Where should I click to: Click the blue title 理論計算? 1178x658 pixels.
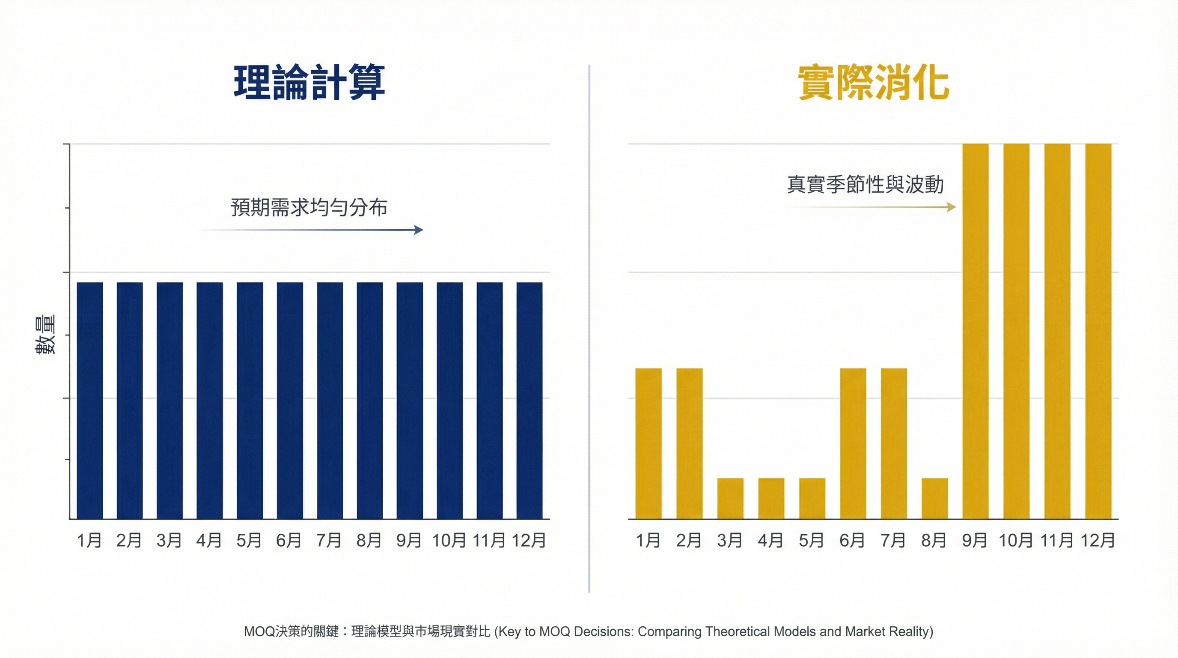309,83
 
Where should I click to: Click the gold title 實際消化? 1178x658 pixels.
873,83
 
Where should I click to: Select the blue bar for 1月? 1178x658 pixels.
89,401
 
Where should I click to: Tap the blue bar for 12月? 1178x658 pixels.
530,401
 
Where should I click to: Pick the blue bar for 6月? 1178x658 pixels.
289,401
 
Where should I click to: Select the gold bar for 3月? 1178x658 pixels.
730,498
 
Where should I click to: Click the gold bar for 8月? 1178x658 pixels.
934,498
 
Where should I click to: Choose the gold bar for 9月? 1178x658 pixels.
975,331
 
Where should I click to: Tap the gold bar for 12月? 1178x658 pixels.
1098,331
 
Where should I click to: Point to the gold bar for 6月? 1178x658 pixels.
853,443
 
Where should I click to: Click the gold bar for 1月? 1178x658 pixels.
648,443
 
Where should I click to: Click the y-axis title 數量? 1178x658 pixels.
45,335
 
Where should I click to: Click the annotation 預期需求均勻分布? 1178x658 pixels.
309,207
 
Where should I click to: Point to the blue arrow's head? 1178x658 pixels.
419,230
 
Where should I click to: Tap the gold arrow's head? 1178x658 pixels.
952,207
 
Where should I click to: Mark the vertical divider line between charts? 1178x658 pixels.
589,329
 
